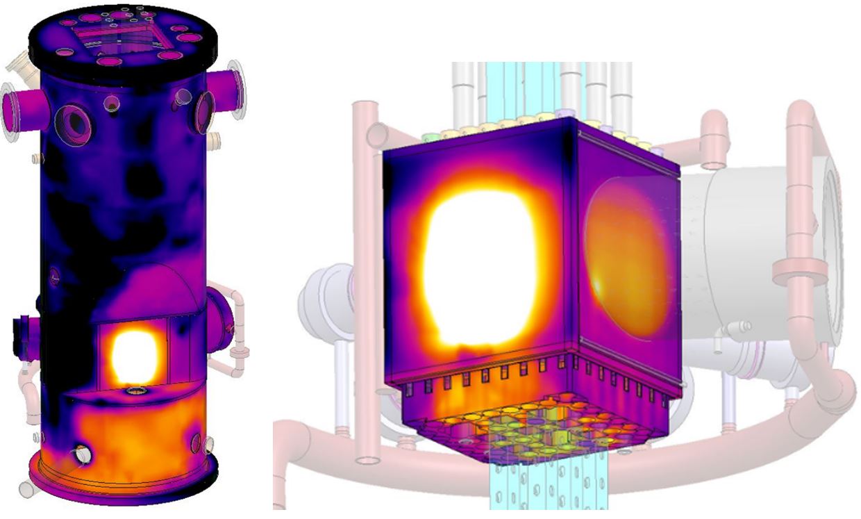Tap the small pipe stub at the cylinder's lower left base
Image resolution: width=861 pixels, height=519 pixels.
82,455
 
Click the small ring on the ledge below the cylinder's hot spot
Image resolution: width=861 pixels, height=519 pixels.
133,393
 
